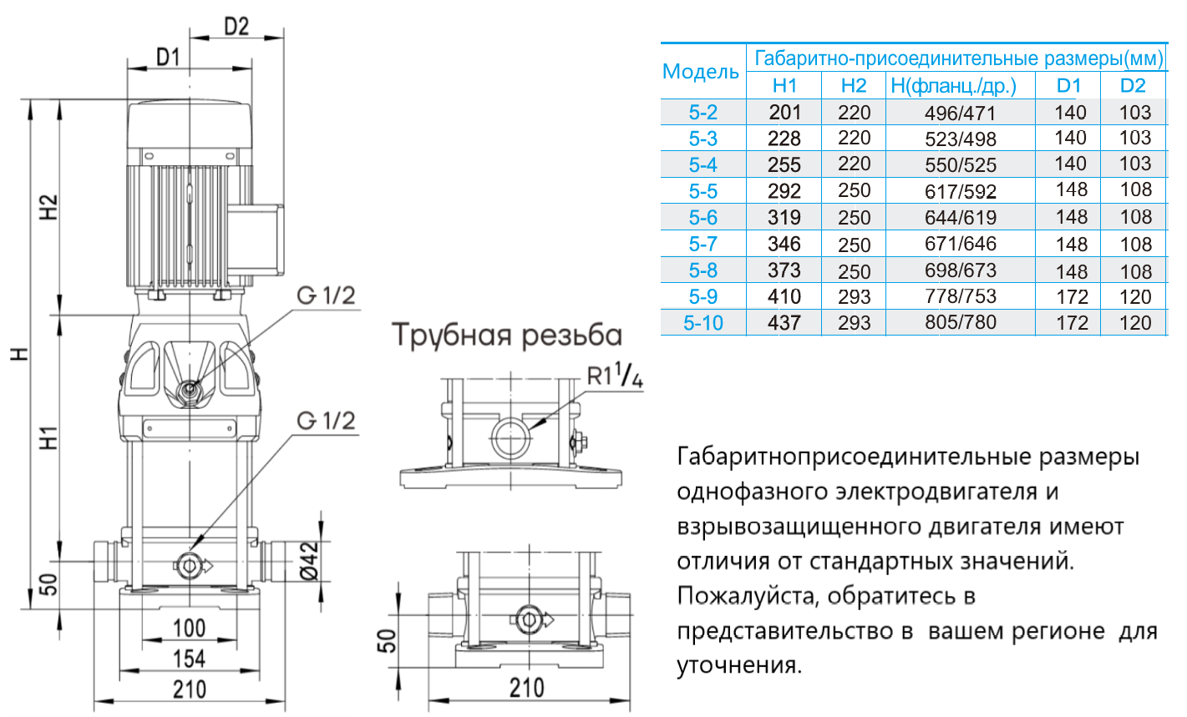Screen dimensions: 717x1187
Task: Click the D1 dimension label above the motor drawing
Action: (x=168, y=57)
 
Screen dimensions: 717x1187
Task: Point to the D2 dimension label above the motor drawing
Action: (x=236, y=26)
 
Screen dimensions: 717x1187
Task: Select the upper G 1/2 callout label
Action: (x=326, y=295)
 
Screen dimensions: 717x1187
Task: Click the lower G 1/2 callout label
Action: (x=326, y=420)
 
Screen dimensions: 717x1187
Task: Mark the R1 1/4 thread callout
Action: (x=615, y=377)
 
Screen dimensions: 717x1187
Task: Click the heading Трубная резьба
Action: (x=507, y=335)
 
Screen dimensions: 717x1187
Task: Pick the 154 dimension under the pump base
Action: (x=189, y=659)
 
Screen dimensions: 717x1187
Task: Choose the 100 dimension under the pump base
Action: (x=189, y=628)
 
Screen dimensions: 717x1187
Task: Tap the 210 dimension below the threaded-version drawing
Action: (x=526, y=688)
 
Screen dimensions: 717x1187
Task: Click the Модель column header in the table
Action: (x=700, y=72)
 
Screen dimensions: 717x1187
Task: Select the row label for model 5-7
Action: (x=703, y=244)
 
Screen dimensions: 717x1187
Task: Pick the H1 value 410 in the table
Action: (x=784, y=296)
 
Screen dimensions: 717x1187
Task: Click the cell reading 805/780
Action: (x=961, y=322)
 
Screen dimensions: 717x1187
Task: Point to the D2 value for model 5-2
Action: (x=1134, y=112)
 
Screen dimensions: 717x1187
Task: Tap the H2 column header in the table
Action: (x=854, y=85)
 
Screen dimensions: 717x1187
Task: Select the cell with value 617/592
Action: (x=961, y=191)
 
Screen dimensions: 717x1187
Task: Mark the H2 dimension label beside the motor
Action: (x=48, y=207)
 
